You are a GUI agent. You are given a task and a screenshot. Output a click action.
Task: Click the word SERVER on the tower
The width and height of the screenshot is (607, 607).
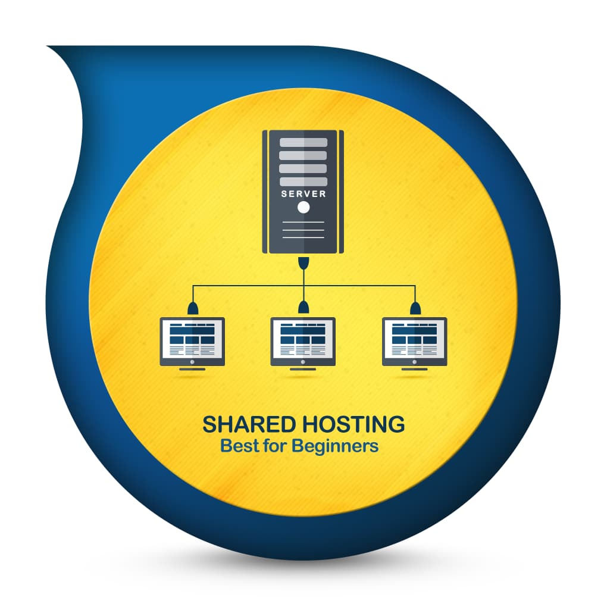[303, 193]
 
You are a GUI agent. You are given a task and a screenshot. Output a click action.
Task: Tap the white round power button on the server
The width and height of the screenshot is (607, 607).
[303, 208]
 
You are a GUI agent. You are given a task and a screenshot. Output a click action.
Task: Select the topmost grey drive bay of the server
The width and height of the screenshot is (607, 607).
[303, 142]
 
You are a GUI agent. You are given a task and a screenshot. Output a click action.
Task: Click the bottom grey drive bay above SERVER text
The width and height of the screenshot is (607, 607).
[303, 182]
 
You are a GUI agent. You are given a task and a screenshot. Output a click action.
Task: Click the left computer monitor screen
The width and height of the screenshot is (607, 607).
[192, 339]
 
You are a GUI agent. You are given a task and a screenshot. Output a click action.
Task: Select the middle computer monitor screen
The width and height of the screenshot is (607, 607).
[303, 339]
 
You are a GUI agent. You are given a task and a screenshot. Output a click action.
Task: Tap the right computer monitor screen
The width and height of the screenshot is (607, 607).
[414, 339]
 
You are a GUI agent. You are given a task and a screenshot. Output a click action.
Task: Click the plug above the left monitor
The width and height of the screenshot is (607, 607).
[192, 308]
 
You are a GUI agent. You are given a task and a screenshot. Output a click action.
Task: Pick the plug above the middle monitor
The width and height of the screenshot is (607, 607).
[304, 308]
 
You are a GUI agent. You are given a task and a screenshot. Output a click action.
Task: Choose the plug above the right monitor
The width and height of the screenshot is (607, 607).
[415, 308]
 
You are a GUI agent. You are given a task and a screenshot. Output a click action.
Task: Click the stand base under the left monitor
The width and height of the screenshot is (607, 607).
[192, 370]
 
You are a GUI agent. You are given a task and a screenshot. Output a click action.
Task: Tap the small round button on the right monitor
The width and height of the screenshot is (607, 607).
[415, 362]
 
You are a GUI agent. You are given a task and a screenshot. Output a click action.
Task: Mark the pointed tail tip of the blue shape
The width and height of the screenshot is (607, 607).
[48, 46]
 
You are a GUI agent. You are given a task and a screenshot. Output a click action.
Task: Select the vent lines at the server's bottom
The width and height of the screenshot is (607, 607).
[303, 230]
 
